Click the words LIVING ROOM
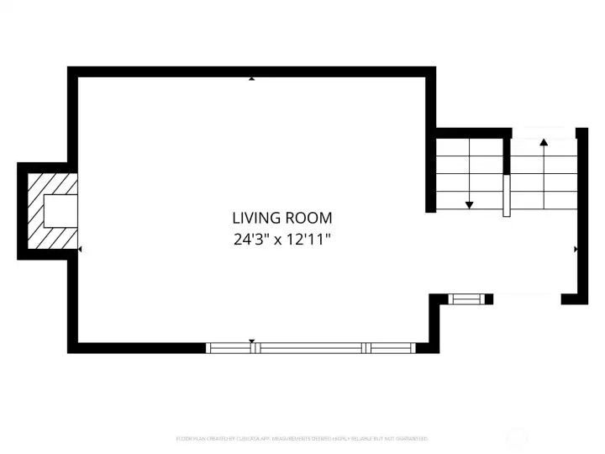tap(282, 218)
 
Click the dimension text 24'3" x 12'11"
tap(282, 239)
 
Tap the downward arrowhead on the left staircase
tap(469, 204)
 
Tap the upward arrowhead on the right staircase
tap(544, 142)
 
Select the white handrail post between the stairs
tap(507, 196)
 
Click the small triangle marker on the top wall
tap(251, 79)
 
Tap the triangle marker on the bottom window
tap(251, 341)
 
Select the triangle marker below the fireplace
tap(80, 250)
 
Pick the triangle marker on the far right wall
tap(576, 250)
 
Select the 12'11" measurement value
tap(310, 239)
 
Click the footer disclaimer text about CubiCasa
tap(302, 438)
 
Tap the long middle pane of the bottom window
tap(312, 347)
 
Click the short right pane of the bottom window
tap(392, 347)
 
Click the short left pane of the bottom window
tap(234, 347)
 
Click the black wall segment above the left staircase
tap(472, 132)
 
